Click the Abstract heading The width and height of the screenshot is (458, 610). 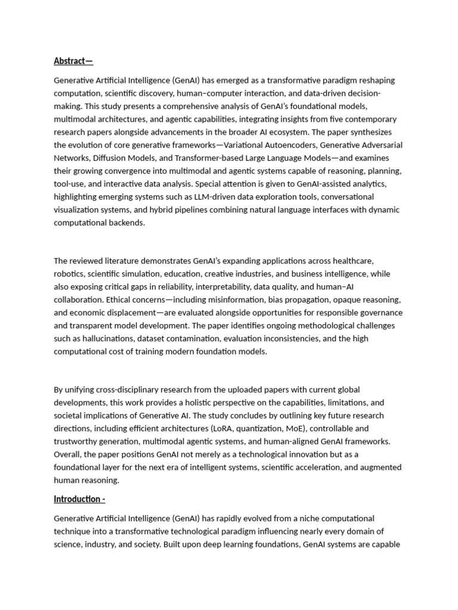[73, 61]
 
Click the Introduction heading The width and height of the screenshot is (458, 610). [79, 499]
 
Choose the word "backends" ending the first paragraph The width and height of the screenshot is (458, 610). [125, 223]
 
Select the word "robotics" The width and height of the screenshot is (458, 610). [69, 275]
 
